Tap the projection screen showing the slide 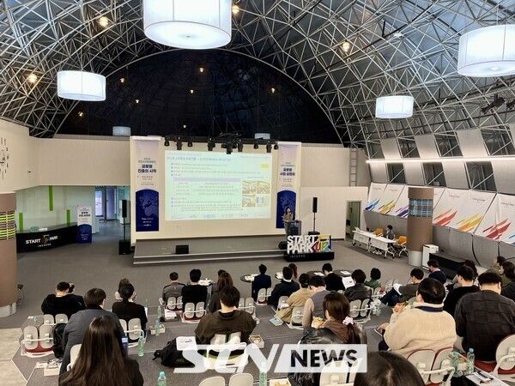(x=217, y=184)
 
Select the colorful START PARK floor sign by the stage (x=309, y=245)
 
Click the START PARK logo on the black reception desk (x=40, y=239)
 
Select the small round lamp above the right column (x=394, y=106)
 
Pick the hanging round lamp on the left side (x=82, y=85)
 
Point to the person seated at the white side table (x=390, y=232)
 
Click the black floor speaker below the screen (x=182, y=249)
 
